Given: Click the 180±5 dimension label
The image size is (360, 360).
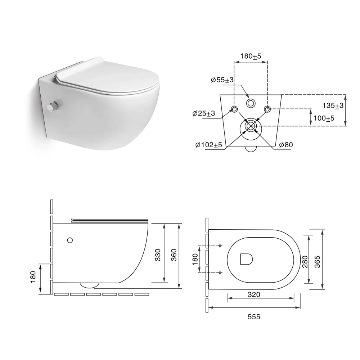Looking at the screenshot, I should [x=251, y=56].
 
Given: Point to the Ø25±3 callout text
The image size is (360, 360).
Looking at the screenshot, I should [x=204, y=113].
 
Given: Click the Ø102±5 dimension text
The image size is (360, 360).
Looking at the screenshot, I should [x=208, y=145].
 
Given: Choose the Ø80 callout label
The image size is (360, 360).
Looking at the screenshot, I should [x=286, y=145].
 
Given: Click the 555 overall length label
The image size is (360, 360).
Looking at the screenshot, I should [x=254, y=317].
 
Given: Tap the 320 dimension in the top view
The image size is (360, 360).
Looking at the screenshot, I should [x=254, y=294].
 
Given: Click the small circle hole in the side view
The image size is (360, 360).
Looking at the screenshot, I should [x=70, y=239].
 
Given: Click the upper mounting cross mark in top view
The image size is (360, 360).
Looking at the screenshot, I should [x=220, y=246].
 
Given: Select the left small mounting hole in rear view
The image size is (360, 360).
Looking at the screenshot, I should [x=234, y=109].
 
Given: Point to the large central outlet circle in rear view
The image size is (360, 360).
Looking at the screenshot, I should [x=251, y=126].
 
